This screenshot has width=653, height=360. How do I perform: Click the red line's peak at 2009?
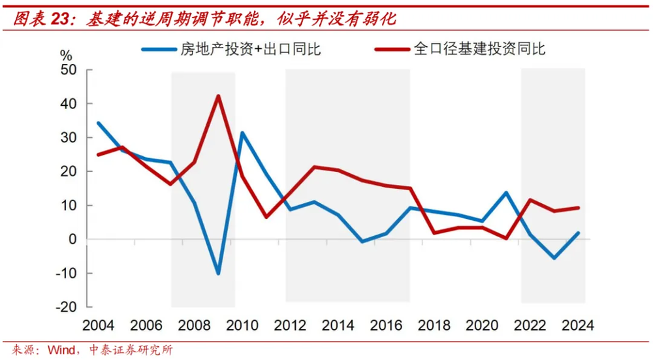[218, 96]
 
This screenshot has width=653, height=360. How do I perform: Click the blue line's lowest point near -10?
[218, 274]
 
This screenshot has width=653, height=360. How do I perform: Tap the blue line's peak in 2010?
[242, 133]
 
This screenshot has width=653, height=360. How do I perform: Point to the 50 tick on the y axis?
[69, 70]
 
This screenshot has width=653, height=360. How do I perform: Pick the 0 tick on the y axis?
[72, 239]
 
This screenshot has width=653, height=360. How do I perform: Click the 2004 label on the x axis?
[99, 325]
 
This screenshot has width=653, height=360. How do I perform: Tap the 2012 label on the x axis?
[290, 325]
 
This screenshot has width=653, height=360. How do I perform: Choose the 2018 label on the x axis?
[434, 325]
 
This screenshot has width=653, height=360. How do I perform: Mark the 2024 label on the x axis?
[577, 325]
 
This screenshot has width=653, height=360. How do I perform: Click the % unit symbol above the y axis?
[66, 55]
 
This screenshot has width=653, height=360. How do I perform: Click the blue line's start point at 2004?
[99, 123]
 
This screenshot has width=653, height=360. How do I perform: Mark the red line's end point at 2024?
[578, 208]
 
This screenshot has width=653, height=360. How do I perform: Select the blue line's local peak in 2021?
[506, 193]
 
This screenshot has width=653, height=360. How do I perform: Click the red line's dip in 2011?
[266, 217]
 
